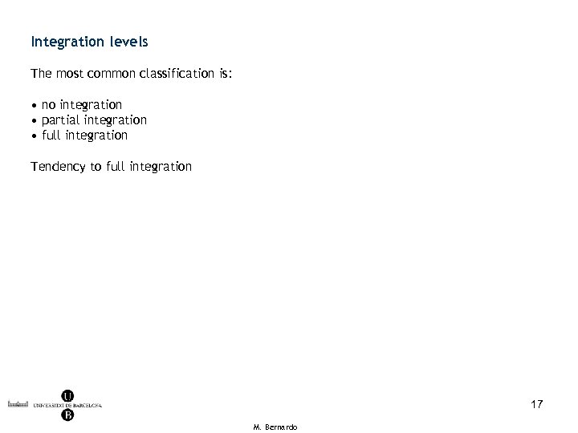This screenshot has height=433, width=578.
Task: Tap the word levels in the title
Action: (x=126, y=39)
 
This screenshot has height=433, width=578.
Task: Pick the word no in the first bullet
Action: (x=49, y=105)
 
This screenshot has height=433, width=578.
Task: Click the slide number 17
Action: (x=536, y=404)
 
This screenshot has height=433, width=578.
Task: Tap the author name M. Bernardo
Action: (x=275, y=427)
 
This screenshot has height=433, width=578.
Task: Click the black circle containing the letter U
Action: (x=68, y=395)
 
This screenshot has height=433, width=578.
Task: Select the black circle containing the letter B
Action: (x=68, y=415)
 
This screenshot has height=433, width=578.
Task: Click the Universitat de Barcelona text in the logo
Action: (x=68, y=405)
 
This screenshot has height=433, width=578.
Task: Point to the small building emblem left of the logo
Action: (x=17, y=404)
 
